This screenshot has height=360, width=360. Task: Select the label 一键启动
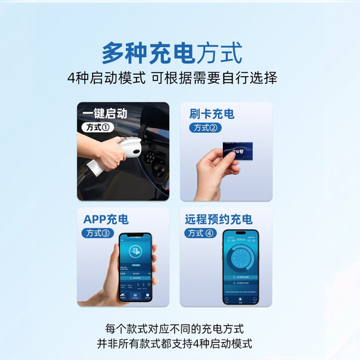click(x=104, y=114)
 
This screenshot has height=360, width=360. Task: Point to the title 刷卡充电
click(x=211, y=114)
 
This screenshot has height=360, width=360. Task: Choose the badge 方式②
click(x=205, y=128)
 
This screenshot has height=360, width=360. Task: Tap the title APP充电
click(x=105, y=219)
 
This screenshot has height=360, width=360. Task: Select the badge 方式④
click(x=201, y=233)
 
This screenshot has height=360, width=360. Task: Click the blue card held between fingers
click(x=242, y=152)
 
